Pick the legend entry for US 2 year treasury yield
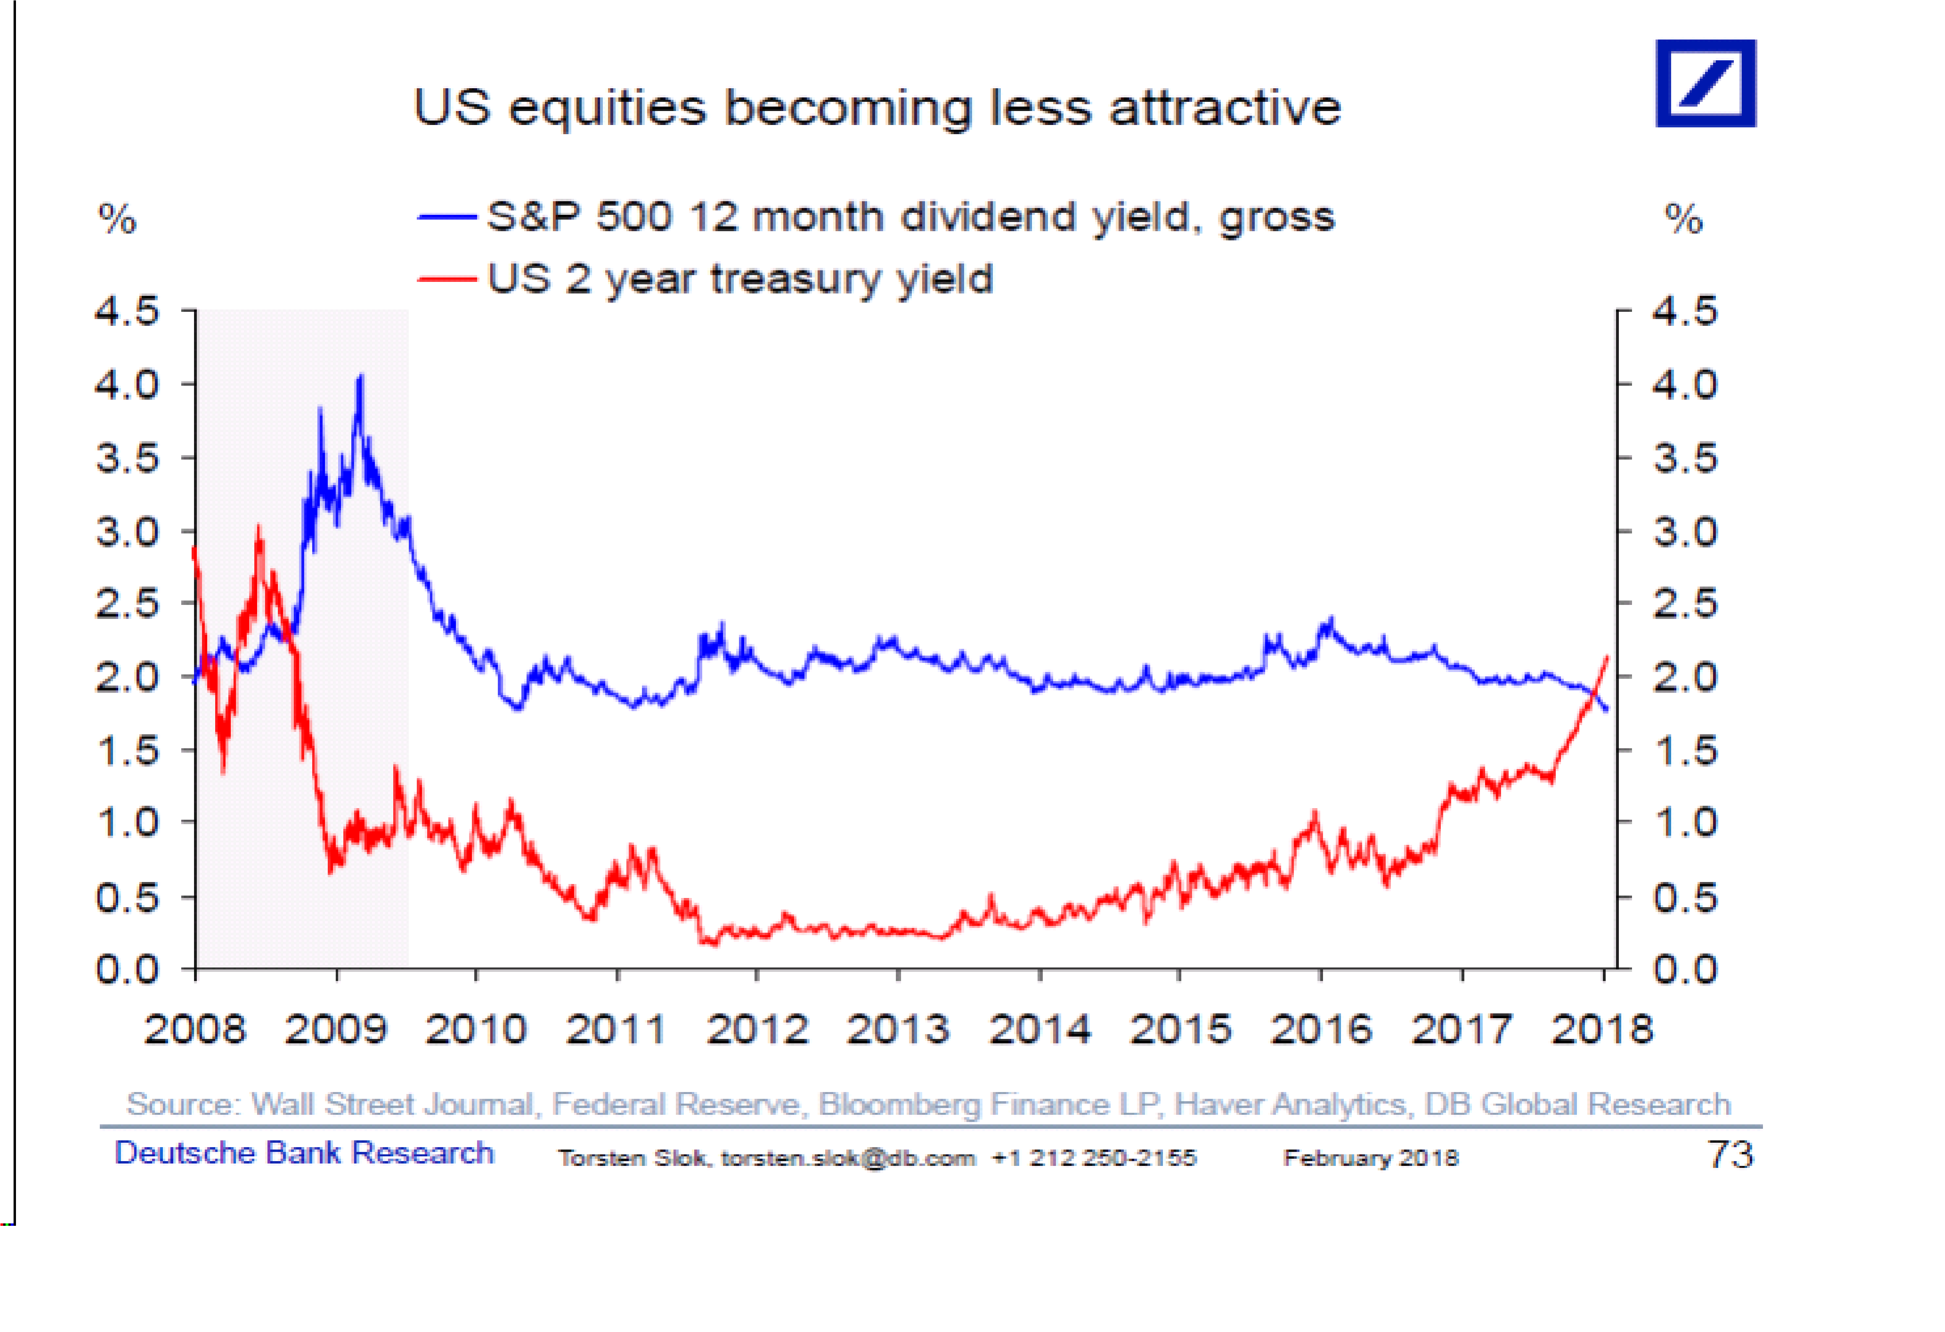(x=739, y=279)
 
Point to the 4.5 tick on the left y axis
(x=127, y=311)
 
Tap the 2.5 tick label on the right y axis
(x=1684, y=604)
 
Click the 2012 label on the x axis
(x=757, y=1029)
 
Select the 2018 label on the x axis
(x=1602, y=1029)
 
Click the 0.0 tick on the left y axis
(x=127, y=969)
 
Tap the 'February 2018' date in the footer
(x=1371, y=1158)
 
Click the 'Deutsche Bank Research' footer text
(x=304, y=1153)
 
